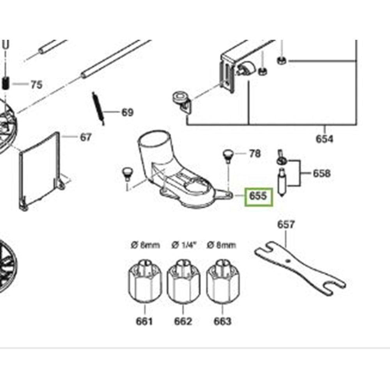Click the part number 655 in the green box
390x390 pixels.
click(x=258, y=196)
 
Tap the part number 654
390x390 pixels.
click(x=324, y=139)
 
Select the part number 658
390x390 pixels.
click(x=322, y=174)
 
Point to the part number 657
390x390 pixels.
click(x=286, y=225)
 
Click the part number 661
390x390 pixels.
click(x=144, y=321)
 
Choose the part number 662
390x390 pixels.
click(x=183, y=321)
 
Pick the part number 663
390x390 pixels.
click(x=223, y=321)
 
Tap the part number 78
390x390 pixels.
click(x=255, y=154)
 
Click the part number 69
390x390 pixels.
click(x=128, y=112)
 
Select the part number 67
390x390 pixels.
click(x=85, y=137)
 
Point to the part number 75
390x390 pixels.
click(x=37, y=85)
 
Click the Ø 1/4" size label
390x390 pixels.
click(x=184, y=245)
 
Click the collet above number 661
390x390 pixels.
click(x=145, y=281)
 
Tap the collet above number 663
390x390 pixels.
click(x=223, y=281)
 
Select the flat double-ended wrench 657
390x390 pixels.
click(x=300, y=268)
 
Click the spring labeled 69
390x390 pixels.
click(x=98, y=109)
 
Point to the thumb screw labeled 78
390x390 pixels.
click(x=227, y=156)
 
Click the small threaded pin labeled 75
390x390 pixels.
click(x=6, y=83)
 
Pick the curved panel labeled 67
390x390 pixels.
click(x=40, y=172)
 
